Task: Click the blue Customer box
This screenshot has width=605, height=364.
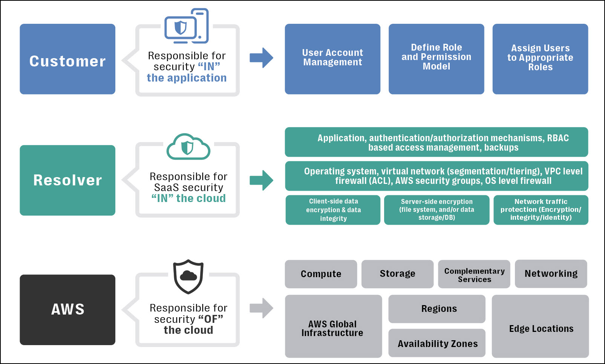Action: [x=67, y=59]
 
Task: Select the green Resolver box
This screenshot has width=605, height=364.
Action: [x=67, y=180]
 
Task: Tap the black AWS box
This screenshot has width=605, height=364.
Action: [x=67, y=310]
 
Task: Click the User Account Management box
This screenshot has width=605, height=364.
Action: [x=332, y=59]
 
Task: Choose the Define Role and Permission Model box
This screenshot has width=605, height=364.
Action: [x=436, y=59]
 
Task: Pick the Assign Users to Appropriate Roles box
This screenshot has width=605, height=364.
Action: [x=540, y=59]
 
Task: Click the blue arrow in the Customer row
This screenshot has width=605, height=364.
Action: [x=261, y=58]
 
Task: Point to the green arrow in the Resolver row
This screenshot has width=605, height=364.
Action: [x=261, y=180]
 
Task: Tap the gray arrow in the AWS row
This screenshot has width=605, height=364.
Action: [x=261, y=308]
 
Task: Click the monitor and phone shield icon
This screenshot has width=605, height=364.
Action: [x=187, y=26]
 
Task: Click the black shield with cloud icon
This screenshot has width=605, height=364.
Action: [x=188, y=276]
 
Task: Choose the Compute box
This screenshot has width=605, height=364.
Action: [x=321, y=274]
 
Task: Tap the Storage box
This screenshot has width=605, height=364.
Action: [x=397, y=274]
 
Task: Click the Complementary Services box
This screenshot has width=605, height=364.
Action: [x=474, y=274]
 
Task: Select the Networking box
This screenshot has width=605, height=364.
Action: [x=551, y=274]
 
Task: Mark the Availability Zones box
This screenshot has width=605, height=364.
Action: [x=437, y=343]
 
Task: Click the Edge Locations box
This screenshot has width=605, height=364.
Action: [x=540, y=326]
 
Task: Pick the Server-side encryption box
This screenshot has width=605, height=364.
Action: [x=437, y=210]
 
